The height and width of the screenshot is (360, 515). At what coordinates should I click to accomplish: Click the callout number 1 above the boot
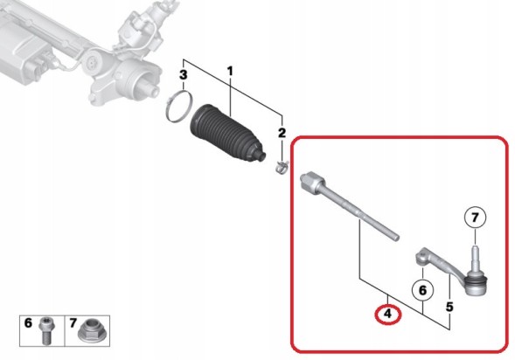tap(230, 71)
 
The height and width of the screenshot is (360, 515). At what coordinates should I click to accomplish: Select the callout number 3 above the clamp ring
tap(184, 74)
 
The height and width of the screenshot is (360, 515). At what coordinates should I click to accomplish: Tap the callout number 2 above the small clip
tap(282, 133)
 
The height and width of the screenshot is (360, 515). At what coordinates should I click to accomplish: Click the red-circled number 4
tap(388, 314)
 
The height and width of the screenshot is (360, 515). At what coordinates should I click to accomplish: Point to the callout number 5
tap(449, 307)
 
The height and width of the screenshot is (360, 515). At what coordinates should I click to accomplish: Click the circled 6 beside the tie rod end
tap(422, 290)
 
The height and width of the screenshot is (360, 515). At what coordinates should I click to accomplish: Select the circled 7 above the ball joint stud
tap(475, 218)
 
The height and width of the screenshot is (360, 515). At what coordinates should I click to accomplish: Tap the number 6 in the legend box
tap(28, 323)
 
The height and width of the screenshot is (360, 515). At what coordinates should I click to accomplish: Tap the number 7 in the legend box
tap(73, 323)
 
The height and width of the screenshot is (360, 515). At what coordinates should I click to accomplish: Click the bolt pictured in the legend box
tap(45, 330)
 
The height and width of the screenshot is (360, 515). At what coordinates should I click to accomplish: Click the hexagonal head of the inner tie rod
tap(311, 182)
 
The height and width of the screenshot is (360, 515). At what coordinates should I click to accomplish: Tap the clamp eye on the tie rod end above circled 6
tap(421, 257)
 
